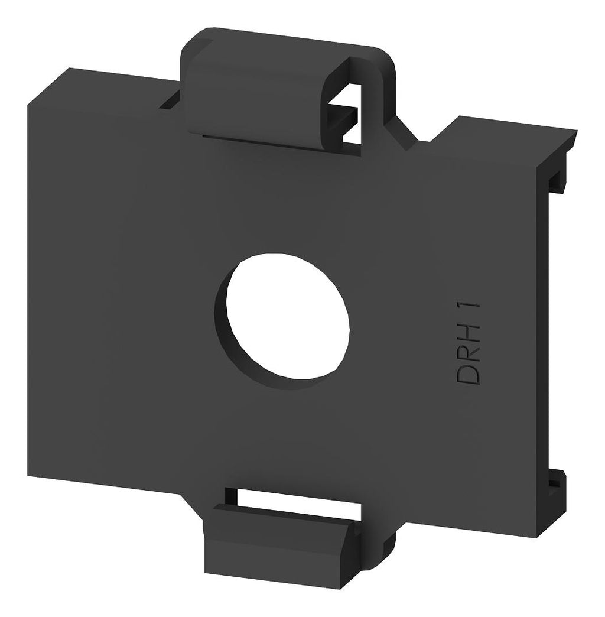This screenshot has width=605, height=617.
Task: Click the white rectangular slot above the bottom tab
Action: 299,498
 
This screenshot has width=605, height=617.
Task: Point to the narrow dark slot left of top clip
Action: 170,100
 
